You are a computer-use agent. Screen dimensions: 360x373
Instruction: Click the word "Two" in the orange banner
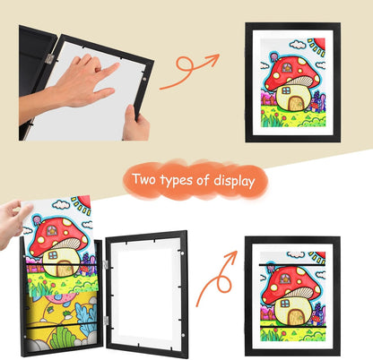149,180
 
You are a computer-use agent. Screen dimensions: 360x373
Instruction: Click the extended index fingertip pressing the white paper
117,66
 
